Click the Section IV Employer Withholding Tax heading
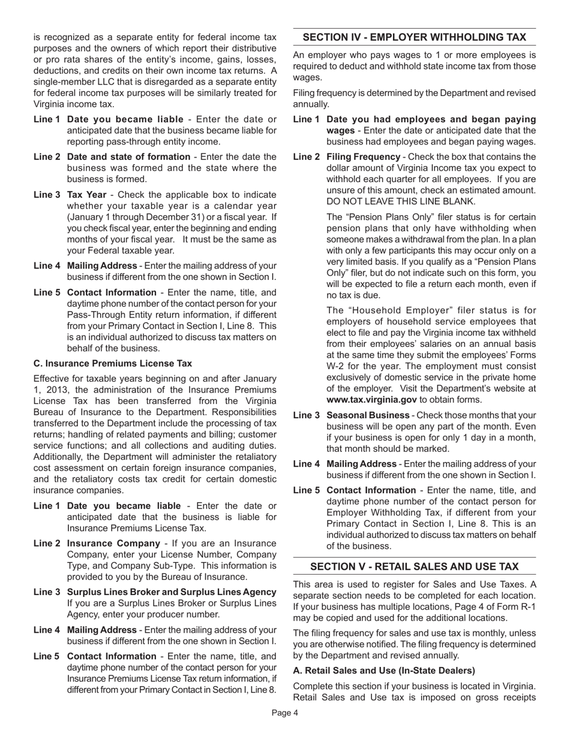(x=414, y=37)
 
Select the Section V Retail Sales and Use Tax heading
(x=414, y=566)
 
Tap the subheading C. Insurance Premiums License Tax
(x=113, y=363)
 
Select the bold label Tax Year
(x=86, y=195)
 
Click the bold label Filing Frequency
(x=363, y=156)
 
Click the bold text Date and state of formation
(x=128, y=156)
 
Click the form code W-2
(x=336, y=366)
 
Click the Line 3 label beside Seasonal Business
(x=306, y=415)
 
